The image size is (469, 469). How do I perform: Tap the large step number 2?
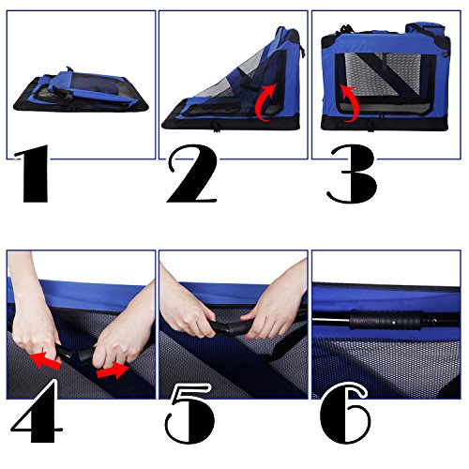(x=191, y=174)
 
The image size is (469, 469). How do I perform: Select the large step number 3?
(x=353, y=174)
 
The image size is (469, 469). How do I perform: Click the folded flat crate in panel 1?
(x=81, y=91)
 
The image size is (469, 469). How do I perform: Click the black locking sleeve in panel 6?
(x=386, y=320)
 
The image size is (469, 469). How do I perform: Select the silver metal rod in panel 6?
(x=331, y=320)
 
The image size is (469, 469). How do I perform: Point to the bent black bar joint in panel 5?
(x=230, y=327)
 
